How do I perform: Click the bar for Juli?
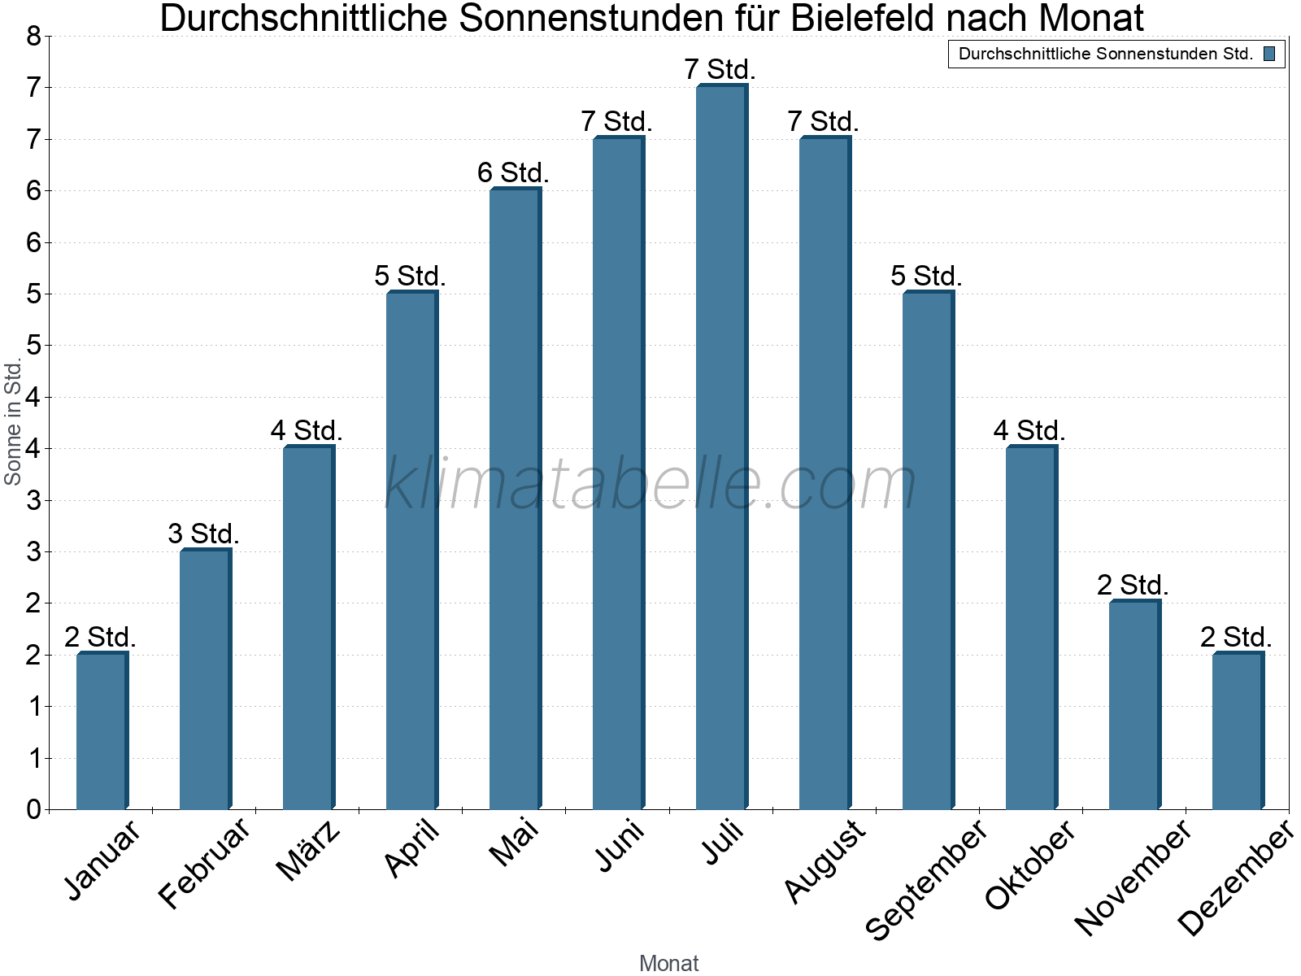click(721, 447)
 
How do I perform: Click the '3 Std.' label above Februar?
click(203, 534)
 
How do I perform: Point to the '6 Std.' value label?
click(513, 173)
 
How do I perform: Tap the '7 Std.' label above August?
click(823, 122)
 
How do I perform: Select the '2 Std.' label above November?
click(1133, 586)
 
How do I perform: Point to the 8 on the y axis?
click(33, 37)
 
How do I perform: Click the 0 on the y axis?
click(33, 809)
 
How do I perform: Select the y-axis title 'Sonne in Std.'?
click(13, 423)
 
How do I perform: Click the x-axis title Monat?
click(668, 963)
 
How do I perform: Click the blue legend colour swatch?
click(1269, 54)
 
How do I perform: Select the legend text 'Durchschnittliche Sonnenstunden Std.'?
click(1106, 54)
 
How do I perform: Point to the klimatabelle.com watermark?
click(650, 484)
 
